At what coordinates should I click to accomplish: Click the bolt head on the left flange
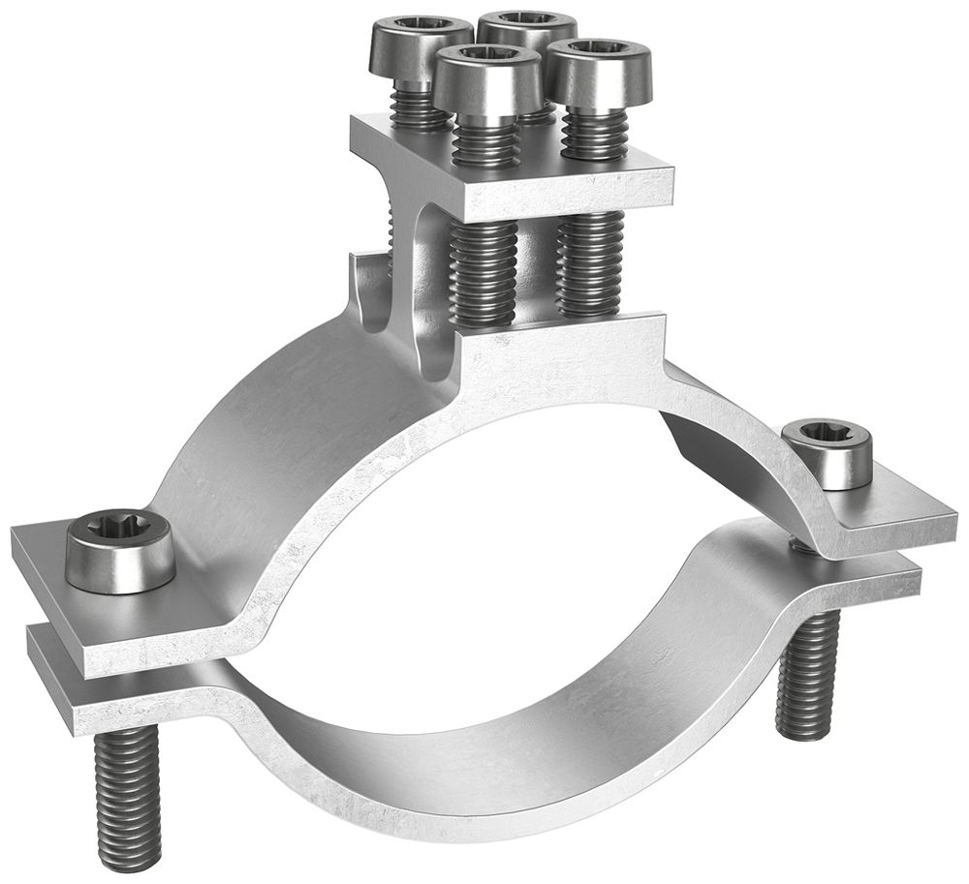120,553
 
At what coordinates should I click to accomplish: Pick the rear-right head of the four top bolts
527,29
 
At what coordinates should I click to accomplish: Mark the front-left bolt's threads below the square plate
484,271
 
